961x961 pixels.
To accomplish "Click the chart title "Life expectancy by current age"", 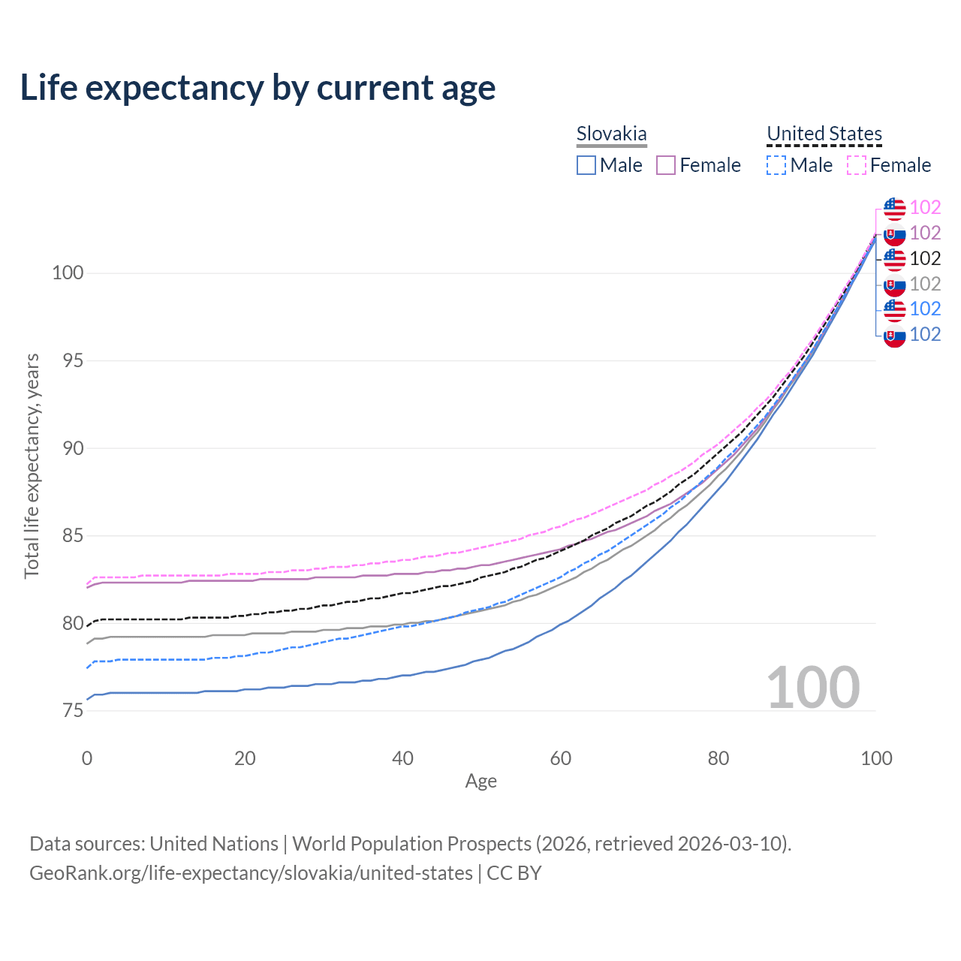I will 258,88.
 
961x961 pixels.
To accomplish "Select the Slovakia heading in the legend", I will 611,134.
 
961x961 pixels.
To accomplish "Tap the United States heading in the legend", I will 824,134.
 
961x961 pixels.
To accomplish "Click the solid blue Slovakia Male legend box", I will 586,165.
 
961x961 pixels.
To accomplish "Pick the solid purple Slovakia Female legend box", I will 666,165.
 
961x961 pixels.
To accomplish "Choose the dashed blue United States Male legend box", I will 776,165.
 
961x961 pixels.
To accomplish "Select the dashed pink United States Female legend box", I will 857,165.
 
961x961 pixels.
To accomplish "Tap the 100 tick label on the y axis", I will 67,273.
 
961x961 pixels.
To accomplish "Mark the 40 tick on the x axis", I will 402,758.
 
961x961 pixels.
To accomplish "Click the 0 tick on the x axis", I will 87,758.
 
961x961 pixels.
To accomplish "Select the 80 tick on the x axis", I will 718,758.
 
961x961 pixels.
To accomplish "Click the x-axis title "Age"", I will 480,782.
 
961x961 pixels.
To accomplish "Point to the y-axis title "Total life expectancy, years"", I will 32,465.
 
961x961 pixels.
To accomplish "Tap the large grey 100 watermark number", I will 813,688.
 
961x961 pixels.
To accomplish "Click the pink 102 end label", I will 925,208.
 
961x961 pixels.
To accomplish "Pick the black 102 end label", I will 925,259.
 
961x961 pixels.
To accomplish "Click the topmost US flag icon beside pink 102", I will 894,208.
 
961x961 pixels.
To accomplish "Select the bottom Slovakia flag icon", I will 894,335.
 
